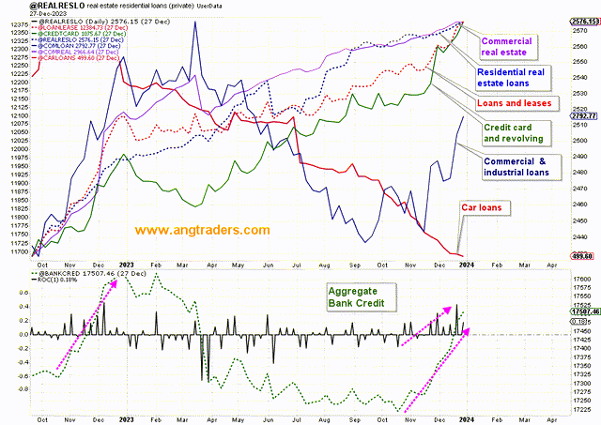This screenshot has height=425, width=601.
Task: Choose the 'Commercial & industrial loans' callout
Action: [x=522, y=166]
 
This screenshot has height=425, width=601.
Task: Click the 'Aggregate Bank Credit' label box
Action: [x=364, y=298]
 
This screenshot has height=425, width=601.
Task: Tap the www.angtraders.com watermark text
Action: [x=202, y=230]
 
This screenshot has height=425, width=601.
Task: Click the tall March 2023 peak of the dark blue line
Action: [x=195, y=23]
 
